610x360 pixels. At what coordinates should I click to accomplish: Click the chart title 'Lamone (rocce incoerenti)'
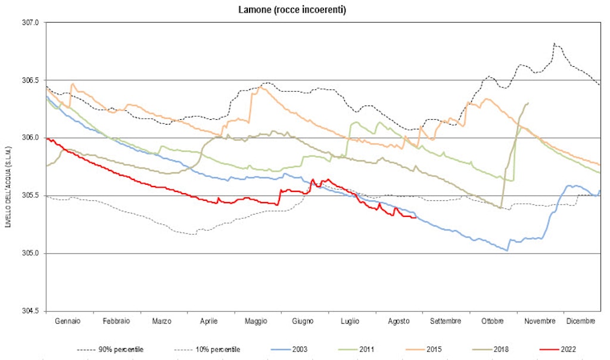pos(304,10)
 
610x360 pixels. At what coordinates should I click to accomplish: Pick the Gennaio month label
pos(68,321)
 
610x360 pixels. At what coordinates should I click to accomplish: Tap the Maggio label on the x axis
pos(256,321)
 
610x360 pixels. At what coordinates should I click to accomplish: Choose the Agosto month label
pos(398,321)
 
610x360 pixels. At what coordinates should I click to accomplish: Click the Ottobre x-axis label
pos(492,321)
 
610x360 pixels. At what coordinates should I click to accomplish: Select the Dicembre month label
pos(580,321)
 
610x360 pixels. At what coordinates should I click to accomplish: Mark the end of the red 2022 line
pos(415,217)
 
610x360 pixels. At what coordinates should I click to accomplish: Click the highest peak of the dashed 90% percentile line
pos(554,44)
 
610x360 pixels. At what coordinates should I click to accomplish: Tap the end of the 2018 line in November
pos(528,103)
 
